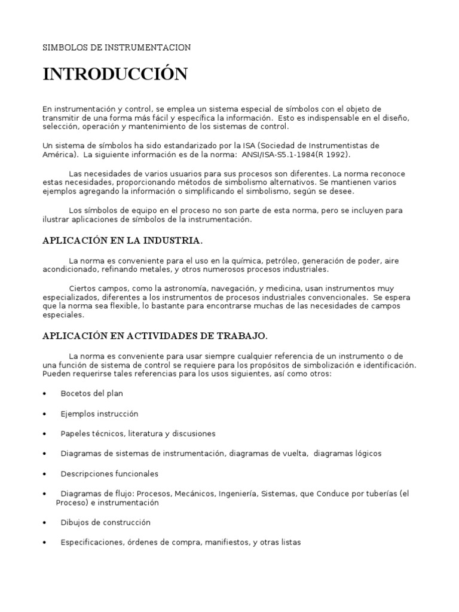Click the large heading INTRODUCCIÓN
coord(115,75)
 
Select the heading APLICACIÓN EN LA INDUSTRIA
coord(122,241)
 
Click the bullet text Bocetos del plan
coord(91,393)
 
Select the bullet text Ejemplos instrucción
coord(99,414)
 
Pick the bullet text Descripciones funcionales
coord(109,473)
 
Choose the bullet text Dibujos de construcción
coord(105,522)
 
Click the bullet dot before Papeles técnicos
coord(45,434)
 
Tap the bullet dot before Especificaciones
coord(45,543)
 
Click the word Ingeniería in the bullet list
coord(238,494)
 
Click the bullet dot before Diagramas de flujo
coord(45,494)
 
